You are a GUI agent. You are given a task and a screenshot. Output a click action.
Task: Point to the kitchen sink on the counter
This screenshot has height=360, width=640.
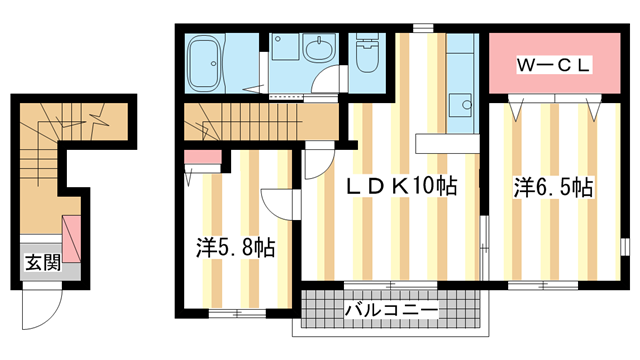461,103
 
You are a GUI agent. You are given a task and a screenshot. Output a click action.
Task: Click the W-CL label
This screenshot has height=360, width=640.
553,65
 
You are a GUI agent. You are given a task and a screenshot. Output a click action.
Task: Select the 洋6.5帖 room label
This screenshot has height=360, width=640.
554,186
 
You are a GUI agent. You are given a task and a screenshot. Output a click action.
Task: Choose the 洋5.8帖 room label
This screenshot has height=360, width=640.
236,246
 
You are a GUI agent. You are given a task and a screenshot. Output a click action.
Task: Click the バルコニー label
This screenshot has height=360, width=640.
391,312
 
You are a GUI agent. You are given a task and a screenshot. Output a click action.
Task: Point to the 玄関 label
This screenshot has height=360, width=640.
42,264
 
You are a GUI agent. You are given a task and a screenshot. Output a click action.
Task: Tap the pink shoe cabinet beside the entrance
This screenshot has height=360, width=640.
73,236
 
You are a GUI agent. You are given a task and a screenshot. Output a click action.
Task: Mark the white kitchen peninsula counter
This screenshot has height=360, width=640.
448,141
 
